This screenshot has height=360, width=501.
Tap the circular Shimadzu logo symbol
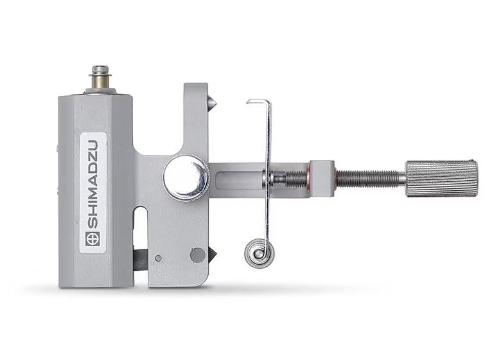(x=92, y=239)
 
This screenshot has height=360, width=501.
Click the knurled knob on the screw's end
(x=442, y=179)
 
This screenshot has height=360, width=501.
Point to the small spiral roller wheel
(x=259, y=254)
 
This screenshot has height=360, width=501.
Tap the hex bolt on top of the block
(x=100, y=70)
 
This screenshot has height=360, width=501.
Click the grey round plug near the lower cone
(x=198, y=255)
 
